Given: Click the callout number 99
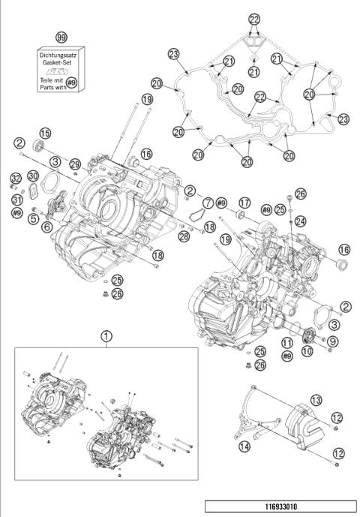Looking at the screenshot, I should click(x=61, y=37).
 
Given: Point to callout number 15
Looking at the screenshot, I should click(x=45, y=133).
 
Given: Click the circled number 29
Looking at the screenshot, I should click(x=74, y=164).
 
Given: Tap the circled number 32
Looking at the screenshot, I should click(x=16, y=178).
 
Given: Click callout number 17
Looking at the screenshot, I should click(x=244, y=203).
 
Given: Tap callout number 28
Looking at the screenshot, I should click(x=184, y=236).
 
